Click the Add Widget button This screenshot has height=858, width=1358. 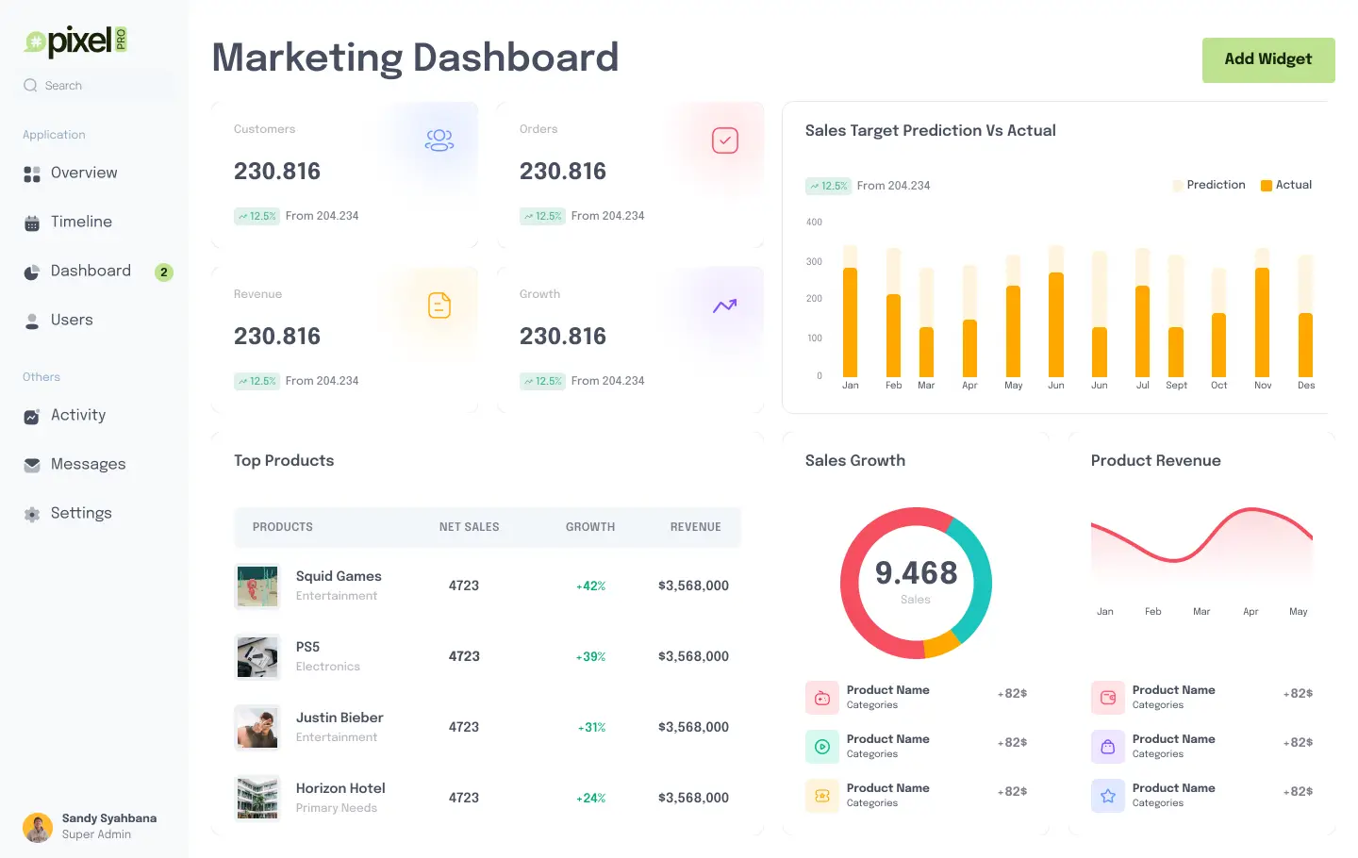point(1267,59)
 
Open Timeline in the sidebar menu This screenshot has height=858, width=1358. point(81,223)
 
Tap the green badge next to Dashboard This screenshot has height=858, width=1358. point(164,272)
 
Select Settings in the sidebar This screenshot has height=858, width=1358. point(81,514)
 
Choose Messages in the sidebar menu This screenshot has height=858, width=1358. point(88,465)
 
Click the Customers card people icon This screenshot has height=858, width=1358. point(439,140)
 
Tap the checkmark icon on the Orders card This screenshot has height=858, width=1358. point(724,140)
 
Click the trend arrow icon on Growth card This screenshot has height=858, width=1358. point(724,305)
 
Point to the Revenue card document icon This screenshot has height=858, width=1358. point(439,305)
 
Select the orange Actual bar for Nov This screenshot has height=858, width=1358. point(1262,322)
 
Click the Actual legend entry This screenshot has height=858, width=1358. point(1286,185)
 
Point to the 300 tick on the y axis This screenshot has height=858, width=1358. point(814,262)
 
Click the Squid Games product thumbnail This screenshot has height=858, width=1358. point(257,586)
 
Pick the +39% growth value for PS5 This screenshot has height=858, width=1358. point(591,657)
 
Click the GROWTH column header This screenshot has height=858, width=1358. point(590,527)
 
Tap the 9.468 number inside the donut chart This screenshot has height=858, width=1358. point(916,573)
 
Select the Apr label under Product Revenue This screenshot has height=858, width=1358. point(1250,612)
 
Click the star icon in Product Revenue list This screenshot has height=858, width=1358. point(1108,796)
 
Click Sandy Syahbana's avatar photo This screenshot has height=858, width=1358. point(38,827)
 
